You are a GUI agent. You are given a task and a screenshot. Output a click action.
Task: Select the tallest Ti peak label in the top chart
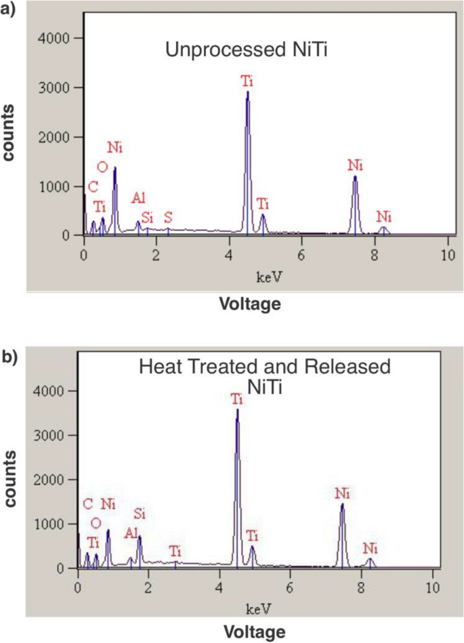point(247,81)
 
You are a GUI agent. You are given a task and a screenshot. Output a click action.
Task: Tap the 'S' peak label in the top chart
point(168,217)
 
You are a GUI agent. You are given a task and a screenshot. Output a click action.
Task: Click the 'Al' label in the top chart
point(139,197)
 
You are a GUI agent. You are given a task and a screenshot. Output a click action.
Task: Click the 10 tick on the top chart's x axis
point(447,255)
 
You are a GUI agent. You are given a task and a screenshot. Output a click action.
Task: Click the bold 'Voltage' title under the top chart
point(249,304)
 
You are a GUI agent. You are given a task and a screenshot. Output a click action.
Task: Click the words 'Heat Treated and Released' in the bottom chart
point(265,367)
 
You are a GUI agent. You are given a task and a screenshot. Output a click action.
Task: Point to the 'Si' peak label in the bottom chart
point(140,512)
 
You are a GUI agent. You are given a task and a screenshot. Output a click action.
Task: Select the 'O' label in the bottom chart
point(96,523)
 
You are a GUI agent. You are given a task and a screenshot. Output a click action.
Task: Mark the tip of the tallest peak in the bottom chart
point(237,409)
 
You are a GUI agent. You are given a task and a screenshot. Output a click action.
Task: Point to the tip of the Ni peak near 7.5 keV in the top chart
point(355,177)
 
